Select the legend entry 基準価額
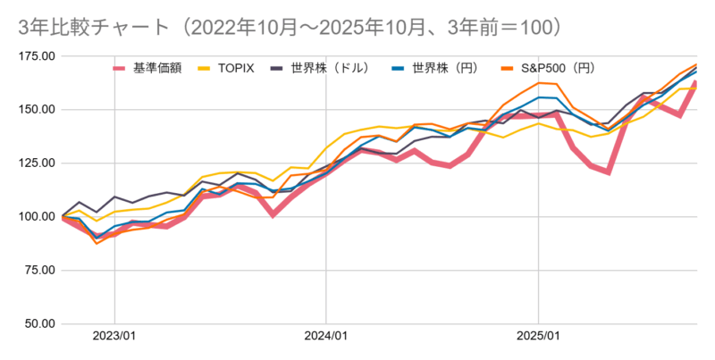click(x=157, y=68)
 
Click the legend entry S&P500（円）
click(x=559, y=68)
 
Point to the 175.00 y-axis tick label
click(x=36, y=56)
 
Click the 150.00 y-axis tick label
click(x=36, y=110)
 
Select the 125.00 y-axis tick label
click(x=36, y=163)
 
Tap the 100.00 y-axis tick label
click(x=36, y=217)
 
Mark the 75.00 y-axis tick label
click(x=38, y=271)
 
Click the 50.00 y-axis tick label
click(x=38, y=324)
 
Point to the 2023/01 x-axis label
click(x=114, y=337)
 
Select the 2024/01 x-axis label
click(x=326, y=337)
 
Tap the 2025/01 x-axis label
click(x=538, y=337)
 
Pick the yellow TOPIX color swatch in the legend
click(x=205, y=68)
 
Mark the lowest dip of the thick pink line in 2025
click(x=609, y=172)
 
